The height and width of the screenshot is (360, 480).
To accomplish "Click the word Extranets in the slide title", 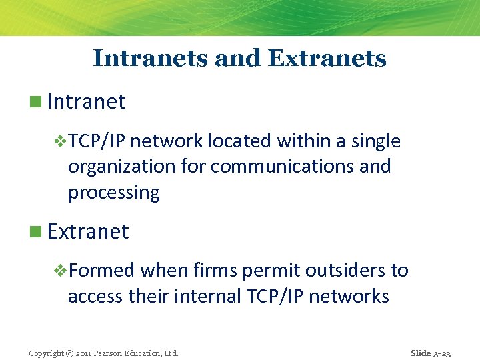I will [x=327, y=58].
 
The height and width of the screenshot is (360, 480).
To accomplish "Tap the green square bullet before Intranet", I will [x=35, y=102].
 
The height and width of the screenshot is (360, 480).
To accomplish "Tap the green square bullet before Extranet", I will [x=35, y=232].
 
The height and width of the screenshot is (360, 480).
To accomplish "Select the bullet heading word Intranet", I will [x=86, y=101].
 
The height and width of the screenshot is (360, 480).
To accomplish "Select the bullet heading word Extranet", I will [x=88, y=231].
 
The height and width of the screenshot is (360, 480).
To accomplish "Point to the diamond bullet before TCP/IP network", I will [x=59, y=141].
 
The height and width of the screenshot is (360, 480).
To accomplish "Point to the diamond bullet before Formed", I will [x=59, y=271].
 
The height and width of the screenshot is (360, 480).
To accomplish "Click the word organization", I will [x=123, y=166].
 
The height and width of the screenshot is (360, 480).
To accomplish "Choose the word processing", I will [x=113, y=193].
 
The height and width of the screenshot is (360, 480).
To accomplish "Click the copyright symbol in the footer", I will [x=69, y=353].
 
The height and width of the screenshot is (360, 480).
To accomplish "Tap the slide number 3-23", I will [x=442, y=353].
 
